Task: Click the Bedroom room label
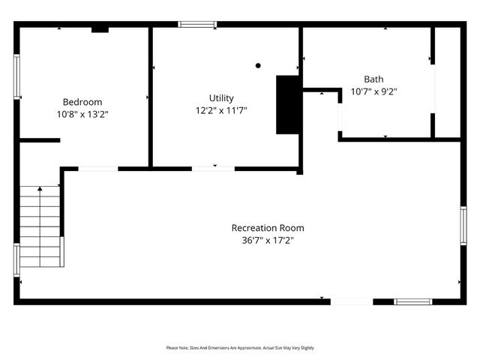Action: (82, 102)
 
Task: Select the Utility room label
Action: (221, 98)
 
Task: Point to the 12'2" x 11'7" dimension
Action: (221, 110)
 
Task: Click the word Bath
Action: (373, 79)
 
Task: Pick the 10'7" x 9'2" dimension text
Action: (373, 91)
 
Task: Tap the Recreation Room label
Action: (268, 228)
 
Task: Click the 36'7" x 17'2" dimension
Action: (268, 241)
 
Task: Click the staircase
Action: (40, 226)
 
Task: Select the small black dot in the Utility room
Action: (258, 65)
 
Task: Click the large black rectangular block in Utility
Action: (287, 104)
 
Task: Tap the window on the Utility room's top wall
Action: (197, 25)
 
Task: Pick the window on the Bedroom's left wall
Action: (17, 76)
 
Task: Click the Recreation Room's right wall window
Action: (463, 226)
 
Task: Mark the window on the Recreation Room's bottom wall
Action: (413, 301)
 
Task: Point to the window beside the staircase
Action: (17, 259)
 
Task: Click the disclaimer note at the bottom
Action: (240, 348)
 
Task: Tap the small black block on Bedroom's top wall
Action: (100, 30)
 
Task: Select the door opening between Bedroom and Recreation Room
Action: (97, 169)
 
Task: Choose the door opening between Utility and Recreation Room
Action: (214, 169)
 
